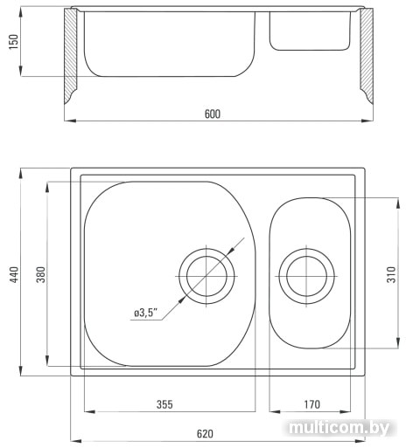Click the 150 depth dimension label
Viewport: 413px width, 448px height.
coord(14,42)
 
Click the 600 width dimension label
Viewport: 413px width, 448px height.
coord(213,114)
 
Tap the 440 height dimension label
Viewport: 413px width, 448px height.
coord(14,274)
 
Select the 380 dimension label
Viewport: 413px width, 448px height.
coord(41,274)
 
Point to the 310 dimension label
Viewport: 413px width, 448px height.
coord(391,274)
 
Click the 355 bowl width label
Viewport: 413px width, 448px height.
coord(164,404)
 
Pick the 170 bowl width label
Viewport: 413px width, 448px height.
coord(311,404)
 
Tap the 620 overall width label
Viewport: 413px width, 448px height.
coord(205,434)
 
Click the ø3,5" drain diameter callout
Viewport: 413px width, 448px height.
coord(145,313)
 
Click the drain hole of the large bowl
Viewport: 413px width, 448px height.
coord(206,276)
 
